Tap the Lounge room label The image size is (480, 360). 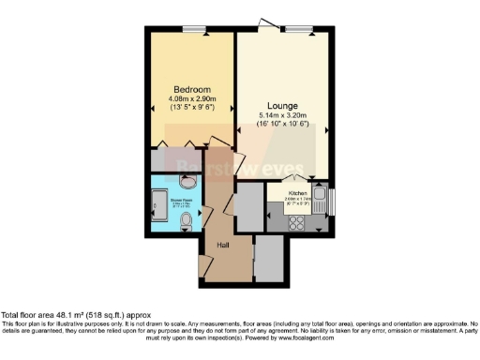pyautogui.click(x=282, y=105)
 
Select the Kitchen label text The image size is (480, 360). pyautogui.click(x=285, y=194)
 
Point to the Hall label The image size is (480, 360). pyautogui.click(x=223, y=245)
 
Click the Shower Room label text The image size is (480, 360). pyautogui.click(x=181, y=200)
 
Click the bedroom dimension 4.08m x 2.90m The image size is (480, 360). pyautogui.click(x=192, y=98)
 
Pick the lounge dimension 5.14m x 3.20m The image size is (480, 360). pyautogui.click(x=282, y=116)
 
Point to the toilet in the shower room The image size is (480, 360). pyautogui.click(x=186, y=221)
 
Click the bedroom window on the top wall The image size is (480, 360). pyautogui.click(x=195, y=30)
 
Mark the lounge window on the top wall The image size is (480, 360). pyautogui.click(x=299, y=30)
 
